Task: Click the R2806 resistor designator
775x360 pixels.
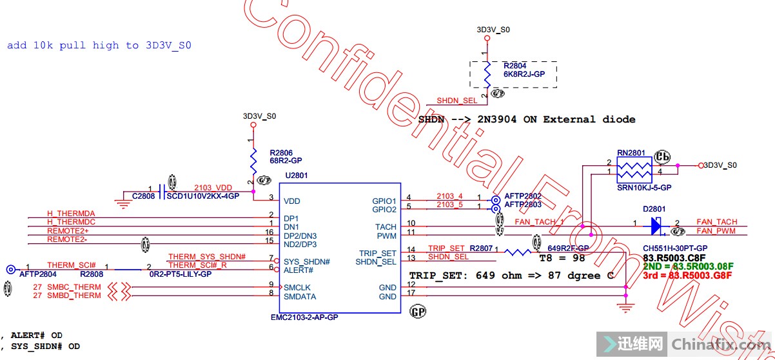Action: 281,153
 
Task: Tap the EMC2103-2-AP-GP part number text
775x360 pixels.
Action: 304,318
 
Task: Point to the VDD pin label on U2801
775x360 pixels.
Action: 292,201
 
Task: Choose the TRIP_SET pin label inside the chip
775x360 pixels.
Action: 378,253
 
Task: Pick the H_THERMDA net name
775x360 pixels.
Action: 71,214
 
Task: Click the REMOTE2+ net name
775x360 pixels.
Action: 68,231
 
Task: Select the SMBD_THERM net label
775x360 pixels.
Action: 74,295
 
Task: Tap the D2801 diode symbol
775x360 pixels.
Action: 656,225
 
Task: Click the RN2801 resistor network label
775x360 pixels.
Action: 631,153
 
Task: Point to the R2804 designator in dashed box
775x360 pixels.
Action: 515,66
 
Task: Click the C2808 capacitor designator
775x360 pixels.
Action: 144,195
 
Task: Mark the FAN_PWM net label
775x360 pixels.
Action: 716,231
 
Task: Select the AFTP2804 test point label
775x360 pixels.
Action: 37,274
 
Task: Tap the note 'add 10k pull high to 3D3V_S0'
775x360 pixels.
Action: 99,45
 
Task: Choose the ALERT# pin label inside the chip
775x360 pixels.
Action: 298,270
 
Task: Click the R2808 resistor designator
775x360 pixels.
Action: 92,274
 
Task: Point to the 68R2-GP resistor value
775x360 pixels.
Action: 286,161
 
